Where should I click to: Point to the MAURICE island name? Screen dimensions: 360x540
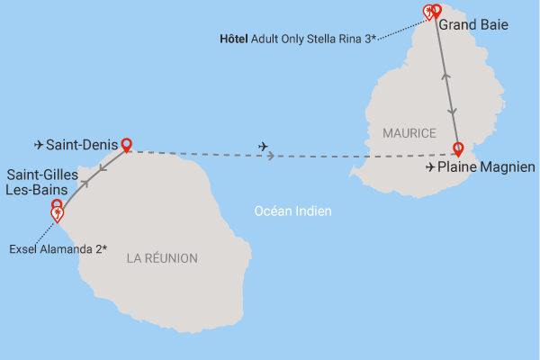coord(409,133)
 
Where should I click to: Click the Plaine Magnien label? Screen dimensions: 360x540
coord(486,166)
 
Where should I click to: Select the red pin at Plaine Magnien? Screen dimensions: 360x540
coord(458,148)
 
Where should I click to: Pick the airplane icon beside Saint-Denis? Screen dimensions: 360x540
coord(39,144)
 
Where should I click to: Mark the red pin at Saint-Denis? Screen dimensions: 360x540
coord(127,143)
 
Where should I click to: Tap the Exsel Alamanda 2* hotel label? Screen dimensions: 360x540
coord(58,248)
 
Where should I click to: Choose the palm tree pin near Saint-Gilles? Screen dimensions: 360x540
coord(59,214)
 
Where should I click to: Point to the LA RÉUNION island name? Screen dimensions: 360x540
coord(162,258)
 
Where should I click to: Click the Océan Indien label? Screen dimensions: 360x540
coord(292,211)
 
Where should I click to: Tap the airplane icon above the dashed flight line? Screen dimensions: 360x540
coord(263,146)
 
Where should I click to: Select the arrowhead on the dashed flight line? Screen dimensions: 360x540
coord(271,156)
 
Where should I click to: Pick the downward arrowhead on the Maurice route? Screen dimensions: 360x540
coord(452,112)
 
